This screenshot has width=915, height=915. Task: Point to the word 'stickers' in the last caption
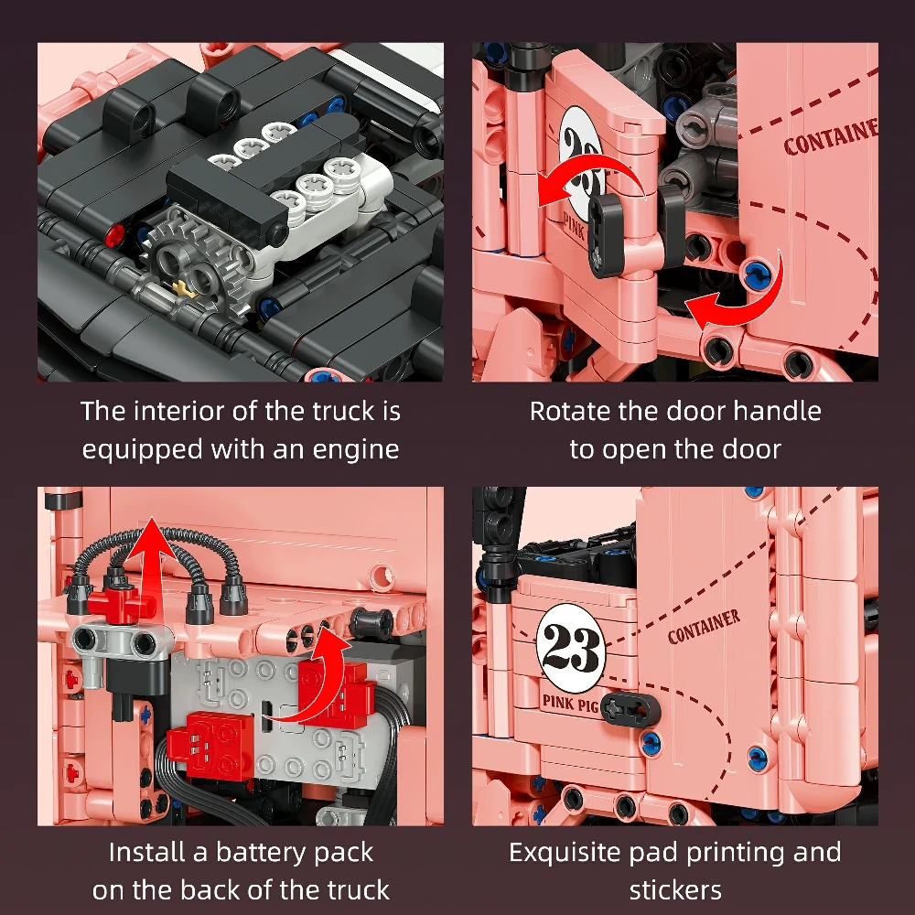click(x=675, y=890)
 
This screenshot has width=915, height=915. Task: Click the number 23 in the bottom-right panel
click(x=570, y=649)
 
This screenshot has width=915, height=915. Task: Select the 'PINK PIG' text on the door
click(x=573, y=703)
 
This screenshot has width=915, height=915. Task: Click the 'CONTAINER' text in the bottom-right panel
click(x=704, y=628)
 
